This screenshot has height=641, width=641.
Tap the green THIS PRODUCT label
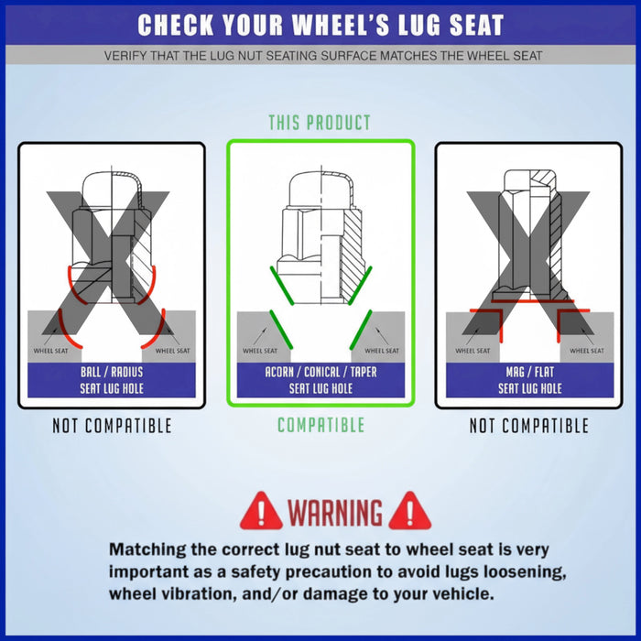pyautogui.click(x=320, y=123)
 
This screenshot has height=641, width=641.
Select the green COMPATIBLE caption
pyautogui.click(x=320, y=425)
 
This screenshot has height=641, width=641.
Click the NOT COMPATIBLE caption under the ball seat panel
pyautogui.click(x=112, y=426)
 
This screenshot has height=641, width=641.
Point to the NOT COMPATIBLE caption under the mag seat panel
pyautogui.click(x=529, y=426)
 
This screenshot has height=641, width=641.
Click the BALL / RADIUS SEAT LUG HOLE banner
pyautogui.click(x=112, y=380)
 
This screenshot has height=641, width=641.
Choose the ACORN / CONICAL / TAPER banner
pyautogui.click(x=320, y=380)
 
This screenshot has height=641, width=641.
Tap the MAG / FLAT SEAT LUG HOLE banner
pyautogui.click(x=530, y=380)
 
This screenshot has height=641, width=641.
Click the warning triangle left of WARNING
pyautogui.click(x=261, y=511)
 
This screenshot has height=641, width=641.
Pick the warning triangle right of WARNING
pyautogui.click(x=409, y=511)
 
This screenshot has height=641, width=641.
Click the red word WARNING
pyautogui.click(x=335, y=512)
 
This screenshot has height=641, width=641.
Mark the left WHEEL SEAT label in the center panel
pyautogui.click(x=260, y=351)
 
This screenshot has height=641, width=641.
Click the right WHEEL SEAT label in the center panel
pyautogui.click(x=382, y=351)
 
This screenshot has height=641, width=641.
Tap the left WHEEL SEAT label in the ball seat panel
pyautogui.click(x=50, y=351)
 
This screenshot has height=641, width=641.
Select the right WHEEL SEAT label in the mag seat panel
pyautogui.click(x=587, y=351)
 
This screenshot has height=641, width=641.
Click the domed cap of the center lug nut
pyautogui.click(x=320, y=188)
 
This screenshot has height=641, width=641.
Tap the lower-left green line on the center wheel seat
pyautogui.click(x=281, y=330)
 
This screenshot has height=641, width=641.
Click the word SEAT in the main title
pyautogui.click(x=476, y=25)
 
